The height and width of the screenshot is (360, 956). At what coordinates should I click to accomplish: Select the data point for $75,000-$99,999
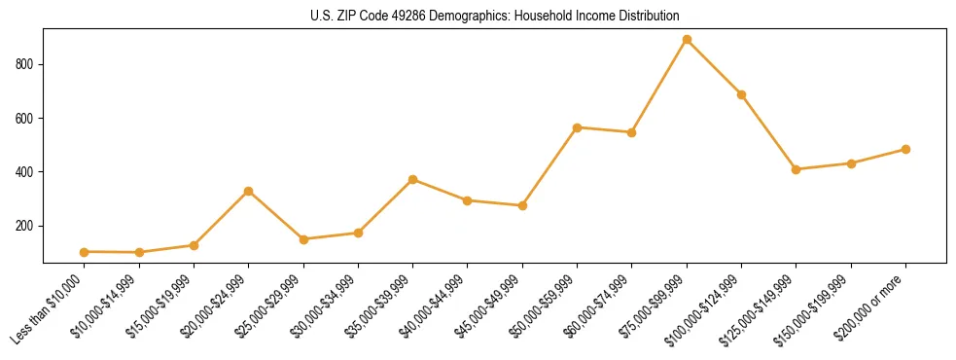pos(687,40)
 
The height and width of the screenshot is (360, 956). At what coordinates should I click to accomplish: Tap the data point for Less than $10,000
pos(85,252)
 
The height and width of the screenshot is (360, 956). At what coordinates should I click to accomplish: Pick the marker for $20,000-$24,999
pos(249,191)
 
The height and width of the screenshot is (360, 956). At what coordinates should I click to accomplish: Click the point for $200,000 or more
pos(905,150)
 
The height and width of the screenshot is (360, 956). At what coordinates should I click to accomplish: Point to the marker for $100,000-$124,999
pos(741,94)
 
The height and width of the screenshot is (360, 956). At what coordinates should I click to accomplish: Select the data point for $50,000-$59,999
pos(578,127)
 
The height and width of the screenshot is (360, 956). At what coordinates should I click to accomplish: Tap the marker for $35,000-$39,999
pos(413,179)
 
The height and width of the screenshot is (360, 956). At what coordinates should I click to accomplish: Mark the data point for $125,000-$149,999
pos(797,169)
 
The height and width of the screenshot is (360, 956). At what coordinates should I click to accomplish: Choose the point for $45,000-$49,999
pos(522,205)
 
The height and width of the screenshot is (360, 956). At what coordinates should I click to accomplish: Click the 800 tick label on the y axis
pos(27,64)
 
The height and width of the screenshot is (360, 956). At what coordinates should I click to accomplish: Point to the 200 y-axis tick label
pos(27,226)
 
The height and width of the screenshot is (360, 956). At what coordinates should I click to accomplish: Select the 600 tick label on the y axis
pos(27,119)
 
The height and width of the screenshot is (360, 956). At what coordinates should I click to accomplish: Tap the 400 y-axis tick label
pos(27,172)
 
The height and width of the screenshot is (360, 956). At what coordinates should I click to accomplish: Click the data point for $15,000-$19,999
pos(195,245)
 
